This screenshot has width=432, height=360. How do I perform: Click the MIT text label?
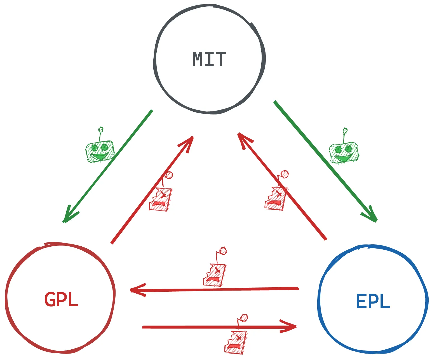[x=209, y=59]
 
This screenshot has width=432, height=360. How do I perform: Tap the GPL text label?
[x=61, y=300]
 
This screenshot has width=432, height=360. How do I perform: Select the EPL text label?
[x=373, y=301]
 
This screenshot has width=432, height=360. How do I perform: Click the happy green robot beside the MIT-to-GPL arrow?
[x=100, y=151]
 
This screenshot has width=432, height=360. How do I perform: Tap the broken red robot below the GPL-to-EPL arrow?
[x=236, y=342]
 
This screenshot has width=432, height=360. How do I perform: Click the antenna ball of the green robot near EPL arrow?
[x=345, y=130]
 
